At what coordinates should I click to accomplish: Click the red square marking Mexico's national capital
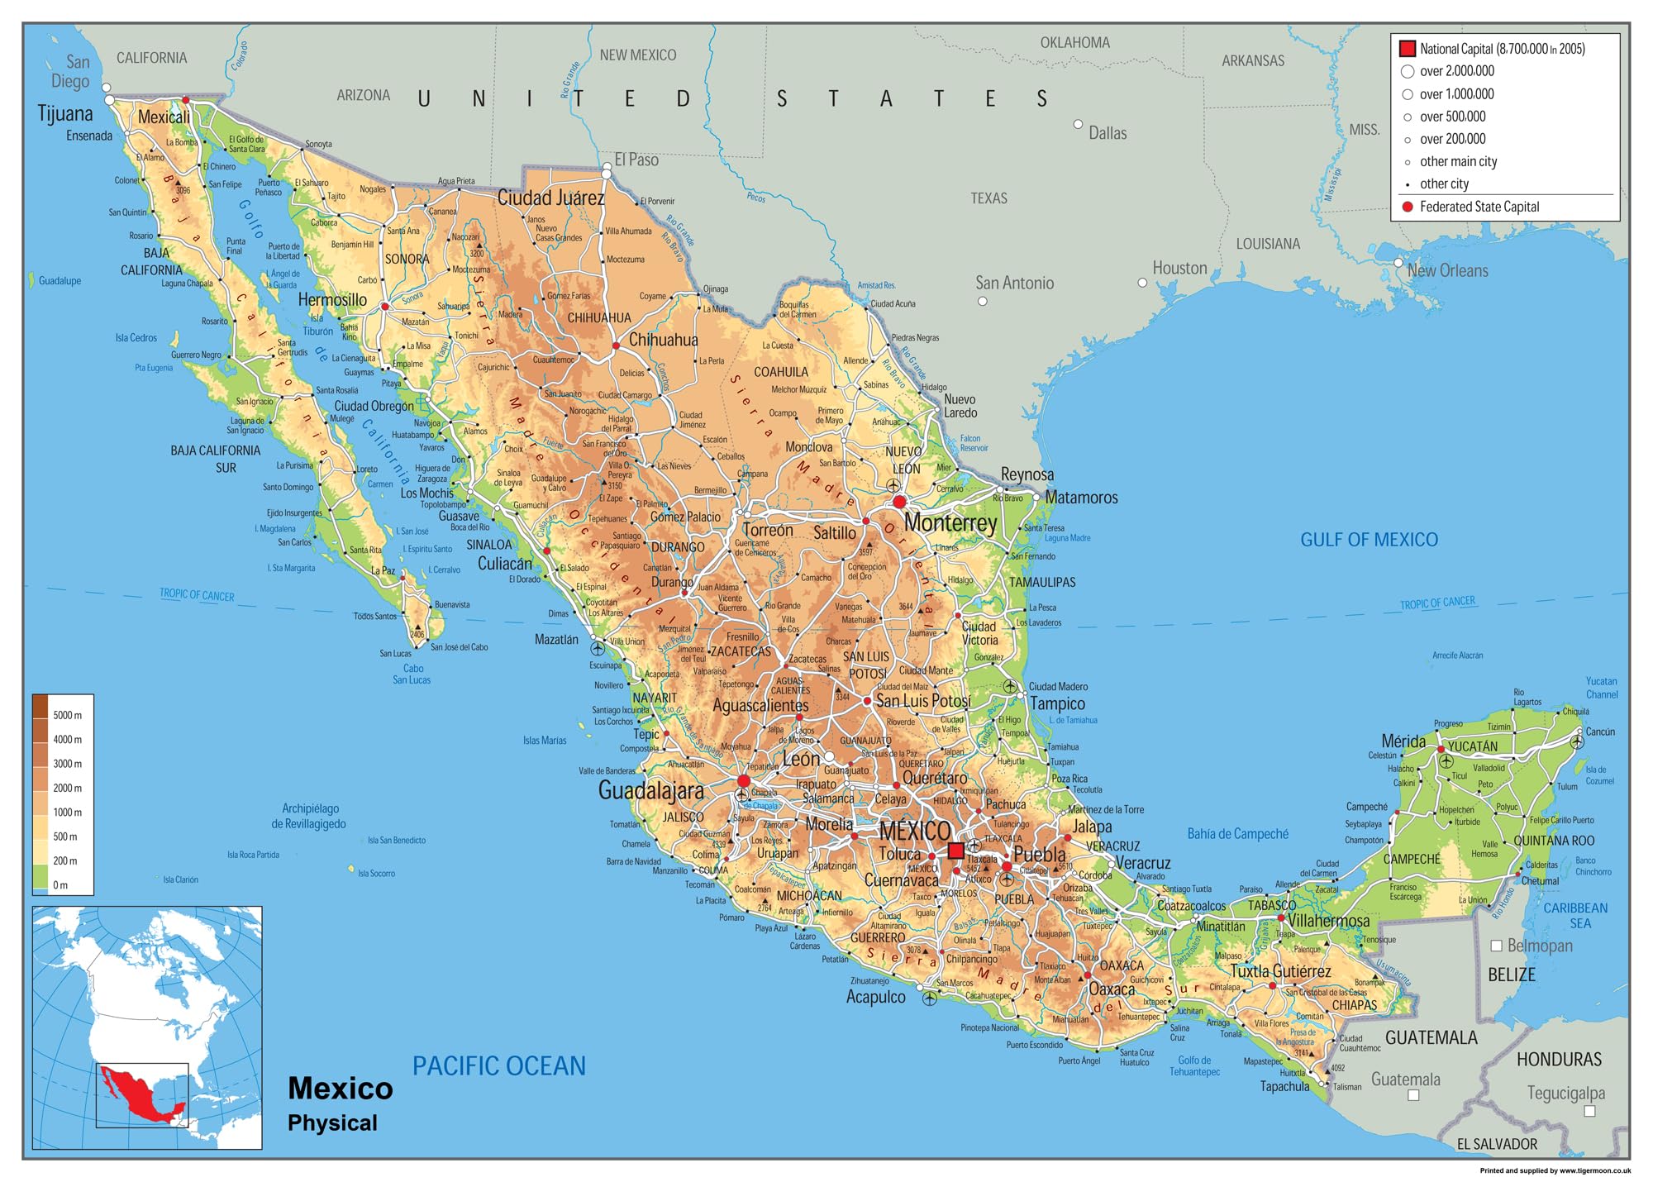point(955,850)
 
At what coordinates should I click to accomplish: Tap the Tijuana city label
point(65,113)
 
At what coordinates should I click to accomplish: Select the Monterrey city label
point(950,522)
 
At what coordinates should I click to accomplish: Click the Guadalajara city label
point(650,790)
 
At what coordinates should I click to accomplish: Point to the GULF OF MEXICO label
point(1369,540)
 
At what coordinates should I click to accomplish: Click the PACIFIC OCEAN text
point(498,1065)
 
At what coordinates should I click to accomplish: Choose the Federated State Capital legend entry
point(1479,207)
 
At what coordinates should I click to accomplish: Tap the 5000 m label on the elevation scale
point(67,715)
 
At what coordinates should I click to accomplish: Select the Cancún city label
point(1600,732)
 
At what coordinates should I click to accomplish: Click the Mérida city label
point(1403,741)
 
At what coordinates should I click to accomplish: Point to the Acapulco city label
point(875,997)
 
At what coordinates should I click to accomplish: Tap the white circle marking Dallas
point(1078,124)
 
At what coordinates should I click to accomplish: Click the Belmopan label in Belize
point(1539,945)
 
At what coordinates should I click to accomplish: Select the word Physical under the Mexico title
point(332,1122)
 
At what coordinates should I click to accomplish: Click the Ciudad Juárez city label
point(550,198)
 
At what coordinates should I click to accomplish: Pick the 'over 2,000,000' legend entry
point(1456,71)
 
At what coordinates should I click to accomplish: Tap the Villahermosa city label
point(1328,920)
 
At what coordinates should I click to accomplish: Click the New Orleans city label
point(1447,270)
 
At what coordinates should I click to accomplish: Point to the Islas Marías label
point(545,741)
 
